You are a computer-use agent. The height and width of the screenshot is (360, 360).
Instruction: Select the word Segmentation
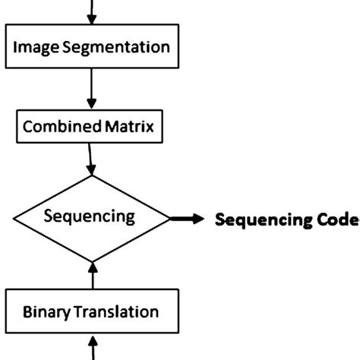[115, 47]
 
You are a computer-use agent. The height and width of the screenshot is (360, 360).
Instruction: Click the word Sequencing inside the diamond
[90, 216]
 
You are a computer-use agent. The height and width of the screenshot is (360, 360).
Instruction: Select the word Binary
[46, 311]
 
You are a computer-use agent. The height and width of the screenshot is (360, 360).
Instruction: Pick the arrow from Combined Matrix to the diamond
[92, 159]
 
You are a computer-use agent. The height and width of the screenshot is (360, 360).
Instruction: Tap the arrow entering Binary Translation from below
[92, 348]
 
